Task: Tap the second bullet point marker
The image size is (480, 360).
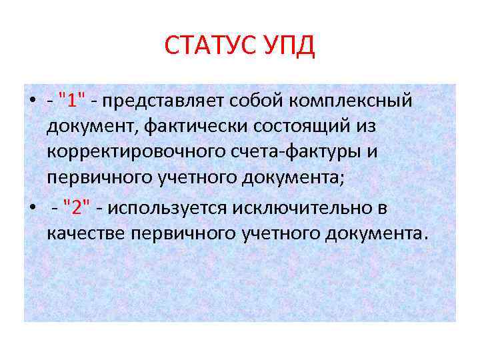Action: tap(31, 207)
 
